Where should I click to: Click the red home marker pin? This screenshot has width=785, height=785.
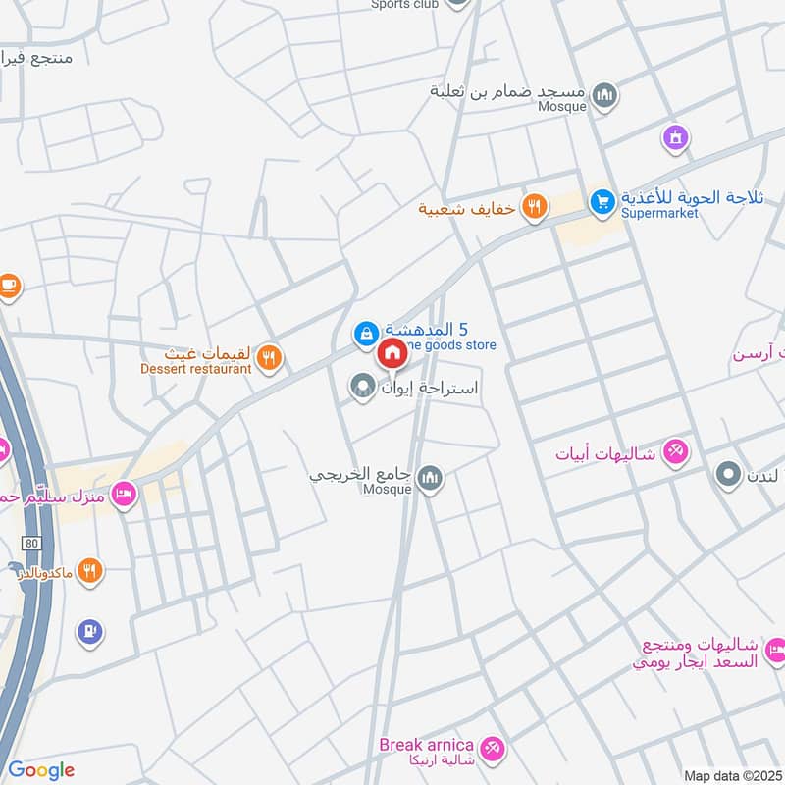(x=392, y=353)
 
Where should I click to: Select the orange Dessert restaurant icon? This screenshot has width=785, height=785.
(x=271, y=358)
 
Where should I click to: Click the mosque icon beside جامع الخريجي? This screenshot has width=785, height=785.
(x=429, y=479)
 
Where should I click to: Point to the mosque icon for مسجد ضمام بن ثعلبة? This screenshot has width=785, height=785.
(x=605, y=95)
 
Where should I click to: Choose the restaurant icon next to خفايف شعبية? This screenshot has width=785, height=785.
(x=535, y=206)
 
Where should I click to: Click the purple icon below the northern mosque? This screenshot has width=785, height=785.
(x=674, y=138)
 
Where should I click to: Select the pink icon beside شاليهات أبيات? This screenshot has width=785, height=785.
(x=676, y=451)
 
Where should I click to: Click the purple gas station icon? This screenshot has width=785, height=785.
(x=89, y=632)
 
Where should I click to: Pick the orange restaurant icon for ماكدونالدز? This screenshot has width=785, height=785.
(x=89, y=570)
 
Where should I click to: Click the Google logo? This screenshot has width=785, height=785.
(x=40, y=770)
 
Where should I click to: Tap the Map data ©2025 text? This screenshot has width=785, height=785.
(x=733, y=775)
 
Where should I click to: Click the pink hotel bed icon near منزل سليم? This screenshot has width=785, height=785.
(x=123, y=492)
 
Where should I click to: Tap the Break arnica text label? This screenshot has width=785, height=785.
(x=427, y=745)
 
